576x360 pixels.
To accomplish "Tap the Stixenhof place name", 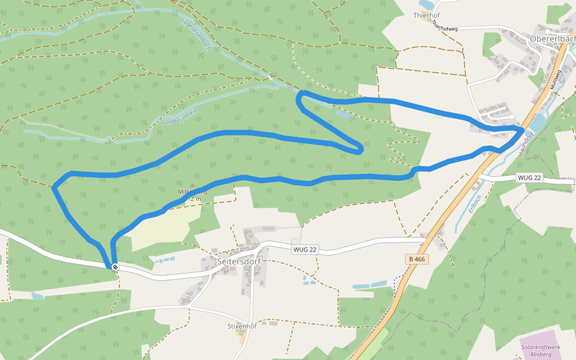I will (242, 326).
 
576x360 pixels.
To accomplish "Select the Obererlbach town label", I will (552, 38).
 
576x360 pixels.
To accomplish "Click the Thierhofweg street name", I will (444, 26).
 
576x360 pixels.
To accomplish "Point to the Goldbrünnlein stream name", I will (179, 117).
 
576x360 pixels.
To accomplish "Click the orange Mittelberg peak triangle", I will (192, 185).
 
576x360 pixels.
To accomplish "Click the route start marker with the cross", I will (115, 267).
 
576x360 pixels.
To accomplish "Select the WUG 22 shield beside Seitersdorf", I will (305, 250).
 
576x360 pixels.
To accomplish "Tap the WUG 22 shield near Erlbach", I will (529, 178).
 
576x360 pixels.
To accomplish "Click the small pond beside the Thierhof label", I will (427, 5).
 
